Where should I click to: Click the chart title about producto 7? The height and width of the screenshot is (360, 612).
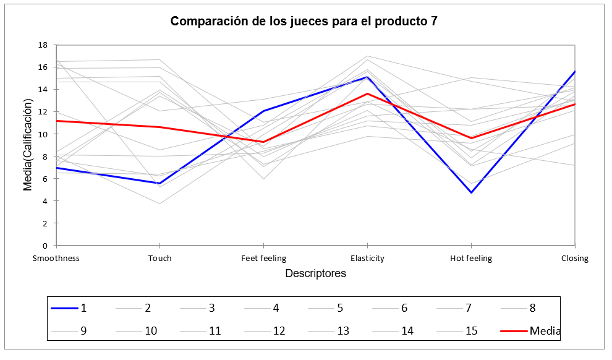[304, 21]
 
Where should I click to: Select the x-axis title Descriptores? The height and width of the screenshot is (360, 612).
[315, 273]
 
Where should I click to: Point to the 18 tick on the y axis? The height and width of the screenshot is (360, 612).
[43, 45]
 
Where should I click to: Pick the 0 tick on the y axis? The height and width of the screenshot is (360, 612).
[45, 246]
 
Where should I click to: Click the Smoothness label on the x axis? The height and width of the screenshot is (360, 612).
[56, 259]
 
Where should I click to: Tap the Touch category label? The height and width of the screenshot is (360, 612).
[160, 259]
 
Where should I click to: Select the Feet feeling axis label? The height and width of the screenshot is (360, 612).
[263, 259]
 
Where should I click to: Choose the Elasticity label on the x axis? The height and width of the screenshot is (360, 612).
[367, 259]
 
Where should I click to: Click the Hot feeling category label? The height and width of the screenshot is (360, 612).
[471, 259]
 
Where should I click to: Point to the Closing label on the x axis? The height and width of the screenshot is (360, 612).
[574, 259]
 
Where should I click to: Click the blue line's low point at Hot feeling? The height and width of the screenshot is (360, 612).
[471, 192]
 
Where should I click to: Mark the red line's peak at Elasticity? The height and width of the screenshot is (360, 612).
[367, 93]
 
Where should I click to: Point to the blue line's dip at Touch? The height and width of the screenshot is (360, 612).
[160, 183]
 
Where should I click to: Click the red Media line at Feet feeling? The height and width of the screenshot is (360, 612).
[264, 142]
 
